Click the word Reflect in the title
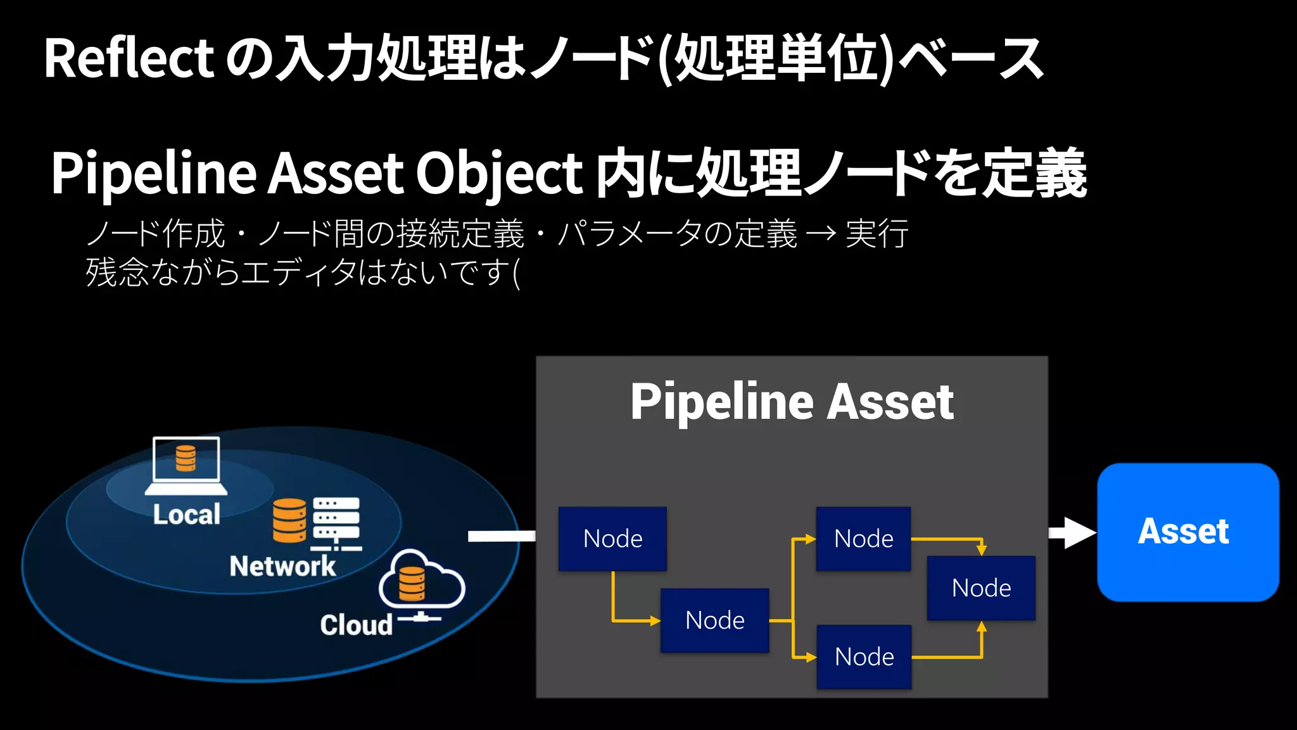(x=129, y=58)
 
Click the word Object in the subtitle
(x=498, y=173)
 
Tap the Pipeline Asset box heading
(x=792, y=402)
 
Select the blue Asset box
(x=1187, y=532)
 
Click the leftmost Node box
(x=612, y=539)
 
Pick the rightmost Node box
(x=981, y=588)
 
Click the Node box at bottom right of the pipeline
(x=864, y=656)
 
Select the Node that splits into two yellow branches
(x=714, y=620)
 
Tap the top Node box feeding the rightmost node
(x=863, y=539)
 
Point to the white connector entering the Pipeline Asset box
(x=501, y=537)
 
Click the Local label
(x=186, y=515)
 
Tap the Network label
(x=282, y=566)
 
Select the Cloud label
(x=356, y=625)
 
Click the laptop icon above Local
(x=186, y=465)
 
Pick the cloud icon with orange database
(x=421, y=580)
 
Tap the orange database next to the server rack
(x=290, y=520)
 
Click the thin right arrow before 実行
(x=822, y=234)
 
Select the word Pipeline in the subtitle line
(x=153, y=173)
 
